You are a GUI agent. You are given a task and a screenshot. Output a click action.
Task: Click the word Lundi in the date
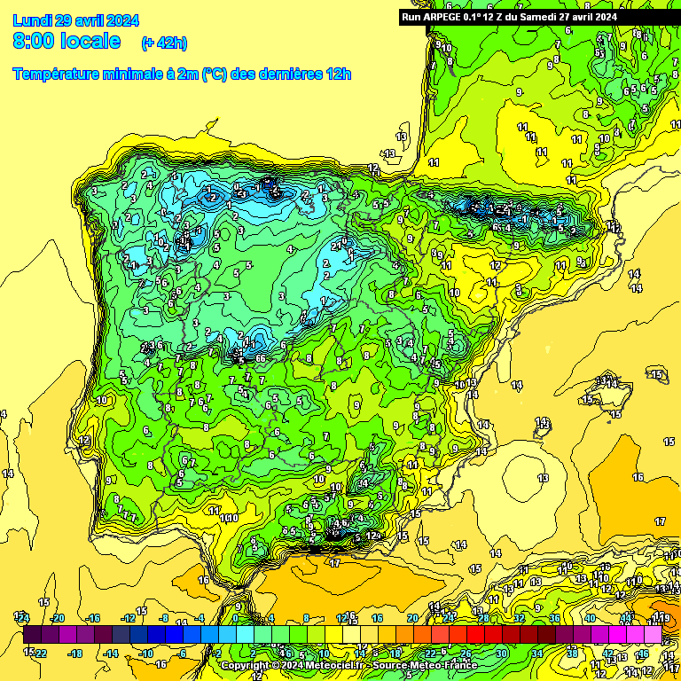click(x=33, y=20)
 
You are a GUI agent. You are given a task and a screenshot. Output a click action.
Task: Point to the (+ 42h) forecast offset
click(x=164, y=43)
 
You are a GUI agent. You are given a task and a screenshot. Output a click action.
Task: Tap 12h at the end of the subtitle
click(x=337, y=74)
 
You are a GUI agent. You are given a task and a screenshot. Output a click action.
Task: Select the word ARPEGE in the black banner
click(x=442, y=17)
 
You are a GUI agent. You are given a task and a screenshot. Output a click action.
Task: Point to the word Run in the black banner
click(x=411, y=17)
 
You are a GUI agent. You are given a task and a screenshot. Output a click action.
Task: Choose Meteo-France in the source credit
click(x=436, y=665)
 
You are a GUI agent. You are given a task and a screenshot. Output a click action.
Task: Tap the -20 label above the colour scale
click(x=59, y=618)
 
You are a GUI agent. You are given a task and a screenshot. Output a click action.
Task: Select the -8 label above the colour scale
click(x=163, y=618)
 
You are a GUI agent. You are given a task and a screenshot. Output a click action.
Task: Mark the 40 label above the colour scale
click(x=589, y=618)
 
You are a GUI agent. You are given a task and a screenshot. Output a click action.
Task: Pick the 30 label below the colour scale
click(x=501, y=654)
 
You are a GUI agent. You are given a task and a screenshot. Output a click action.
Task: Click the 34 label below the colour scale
click(x=536, y=654)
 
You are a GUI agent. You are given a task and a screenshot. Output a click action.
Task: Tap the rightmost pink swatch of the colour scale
click(x=654, y=634)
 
